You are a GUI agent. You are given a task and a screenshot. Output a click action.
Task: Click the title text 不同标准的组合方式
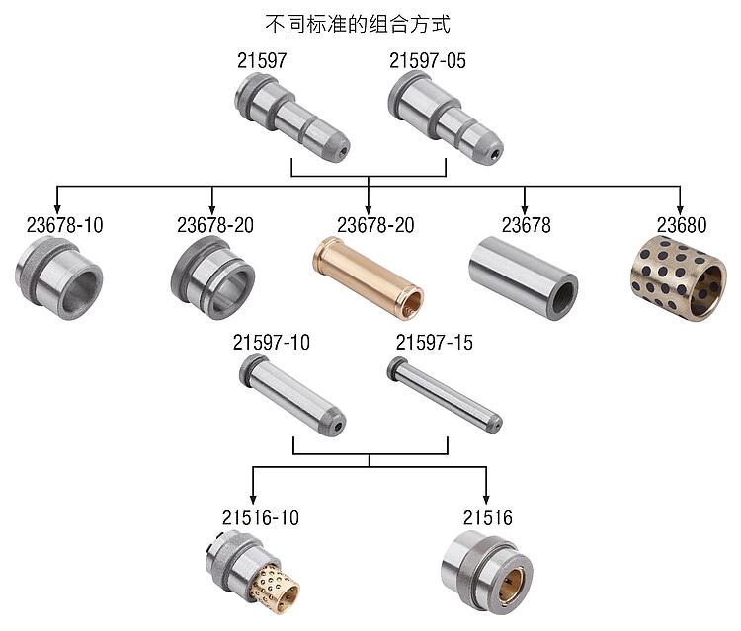point(358,24)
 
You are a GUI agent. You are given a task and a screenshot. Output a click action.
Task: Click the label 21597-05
point(427,60)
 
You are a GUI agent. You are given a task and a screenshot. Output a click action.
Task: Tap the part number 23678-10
point(65,225)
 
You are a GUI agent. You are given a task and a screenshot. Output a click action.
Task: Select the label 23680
point(682,225)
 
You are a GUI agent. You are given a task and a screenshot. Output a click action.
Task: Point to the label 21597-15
point(435,343)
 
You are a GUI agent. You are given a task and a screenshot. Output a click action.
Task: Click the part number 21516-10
point(261,517)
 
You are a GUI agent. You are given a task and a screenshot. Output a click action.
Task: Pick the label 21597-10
point(272,343)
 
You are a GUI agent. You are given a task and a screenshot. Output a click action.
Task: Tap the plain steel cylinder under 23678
point(523,277)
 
